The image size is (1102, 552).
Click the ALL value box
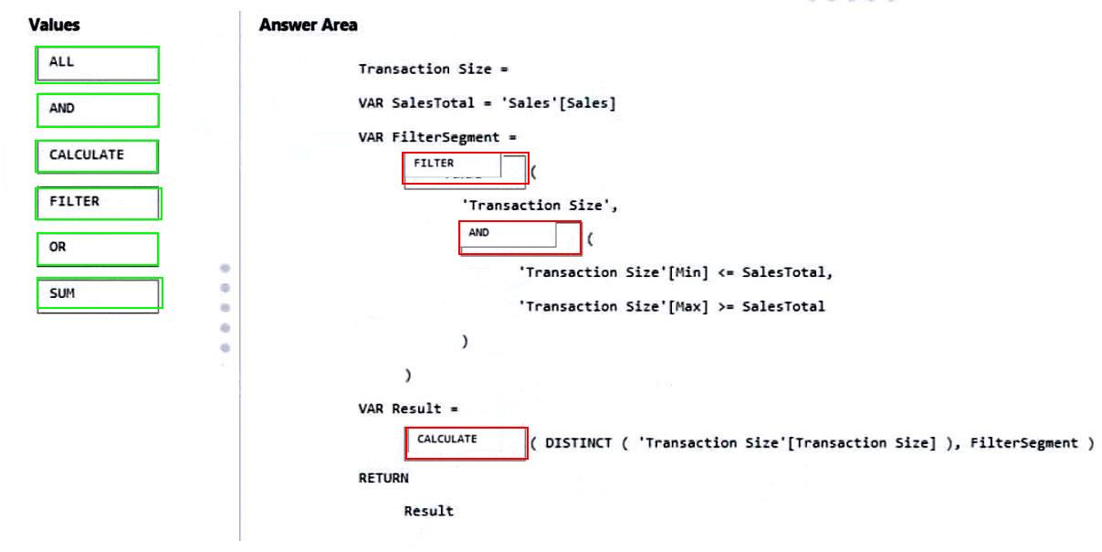click(98, 64)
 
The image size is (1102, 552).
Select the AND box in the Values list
click(98, 110)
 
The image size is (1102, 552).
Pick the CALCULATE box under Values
click(98, 155)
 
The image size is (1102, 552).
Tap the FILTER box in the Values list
click(99, 202)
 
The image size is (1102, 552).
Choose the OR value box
click(98, 249)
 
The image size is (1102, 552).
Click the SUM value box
click(99, 295)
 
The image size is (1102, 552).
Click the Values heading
click(54, 26)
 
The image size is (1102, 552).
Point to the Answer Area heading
click(308, 26)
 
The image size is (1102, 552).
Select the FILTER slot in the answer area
click(465, 169)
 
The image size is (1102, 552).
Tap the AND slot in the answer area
click(520, 238)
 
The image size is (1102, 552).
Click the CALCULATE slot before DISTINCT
click(466, 442)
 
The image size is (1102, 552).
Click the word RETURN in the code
click(383, 477)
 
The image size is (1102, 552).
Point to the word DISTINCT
click(578, 443)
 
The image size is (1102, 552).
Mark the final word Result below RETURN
click(428, 511)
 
